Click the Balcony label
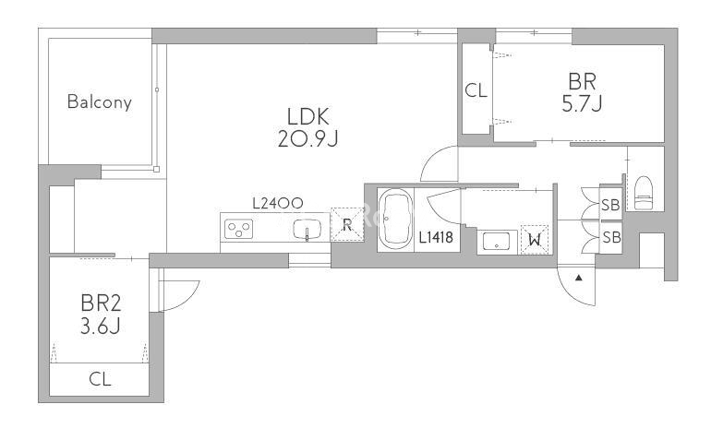99,102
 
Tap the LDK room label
308,117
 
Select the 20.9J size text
308,140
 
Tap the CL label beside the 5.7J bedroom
476,90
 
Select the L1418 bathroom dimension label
436,238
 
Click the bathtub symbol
397,220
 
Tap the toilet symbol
645,191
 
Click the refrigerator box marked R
346,223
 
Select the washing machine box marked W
535,240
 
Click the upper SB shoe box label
610,206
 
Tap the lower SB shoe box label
610,237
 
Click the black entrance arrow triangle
579,277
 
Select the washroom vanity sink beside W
495,242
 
